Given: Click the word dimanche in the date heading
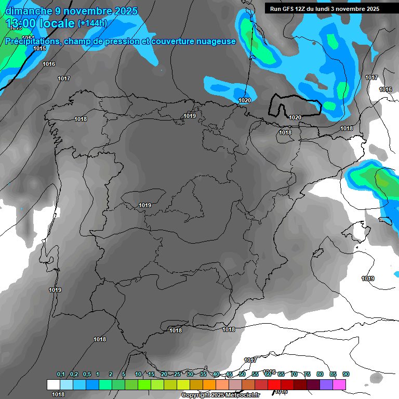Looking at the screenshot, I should (x=27, y=11).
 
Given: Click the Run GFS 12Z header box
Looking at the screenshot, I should (x=324, y=8).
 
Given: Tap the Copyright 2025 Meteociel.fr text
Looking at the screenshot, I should (x=220, y=395).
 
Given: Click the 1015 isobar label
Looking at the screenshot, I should (x=39, y=48).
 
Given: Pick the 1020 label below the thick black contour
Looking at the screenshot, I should (x=295, y=117).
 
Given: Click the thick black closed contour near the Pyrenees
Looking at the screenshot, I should (x=271, y=107).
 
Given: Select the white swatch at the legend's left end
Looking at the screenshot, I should (x=54, y=384).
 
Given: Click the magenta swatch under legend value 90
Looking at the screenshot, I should (x=340, y=384).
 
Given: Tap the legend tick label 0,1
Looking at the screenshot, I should (x=61, y=375).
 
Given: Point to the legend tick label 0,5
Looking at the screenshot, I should (x=86, y=375).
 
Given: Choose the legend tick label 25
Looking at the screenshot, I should (x=177, y=375).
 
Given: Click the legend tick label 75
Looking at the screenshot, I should (x=307, y=375).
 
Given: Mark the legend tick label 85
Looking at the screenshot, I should (x=333, y=375).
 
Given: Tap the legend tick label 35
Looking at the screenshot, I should (x=203, y=375).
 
